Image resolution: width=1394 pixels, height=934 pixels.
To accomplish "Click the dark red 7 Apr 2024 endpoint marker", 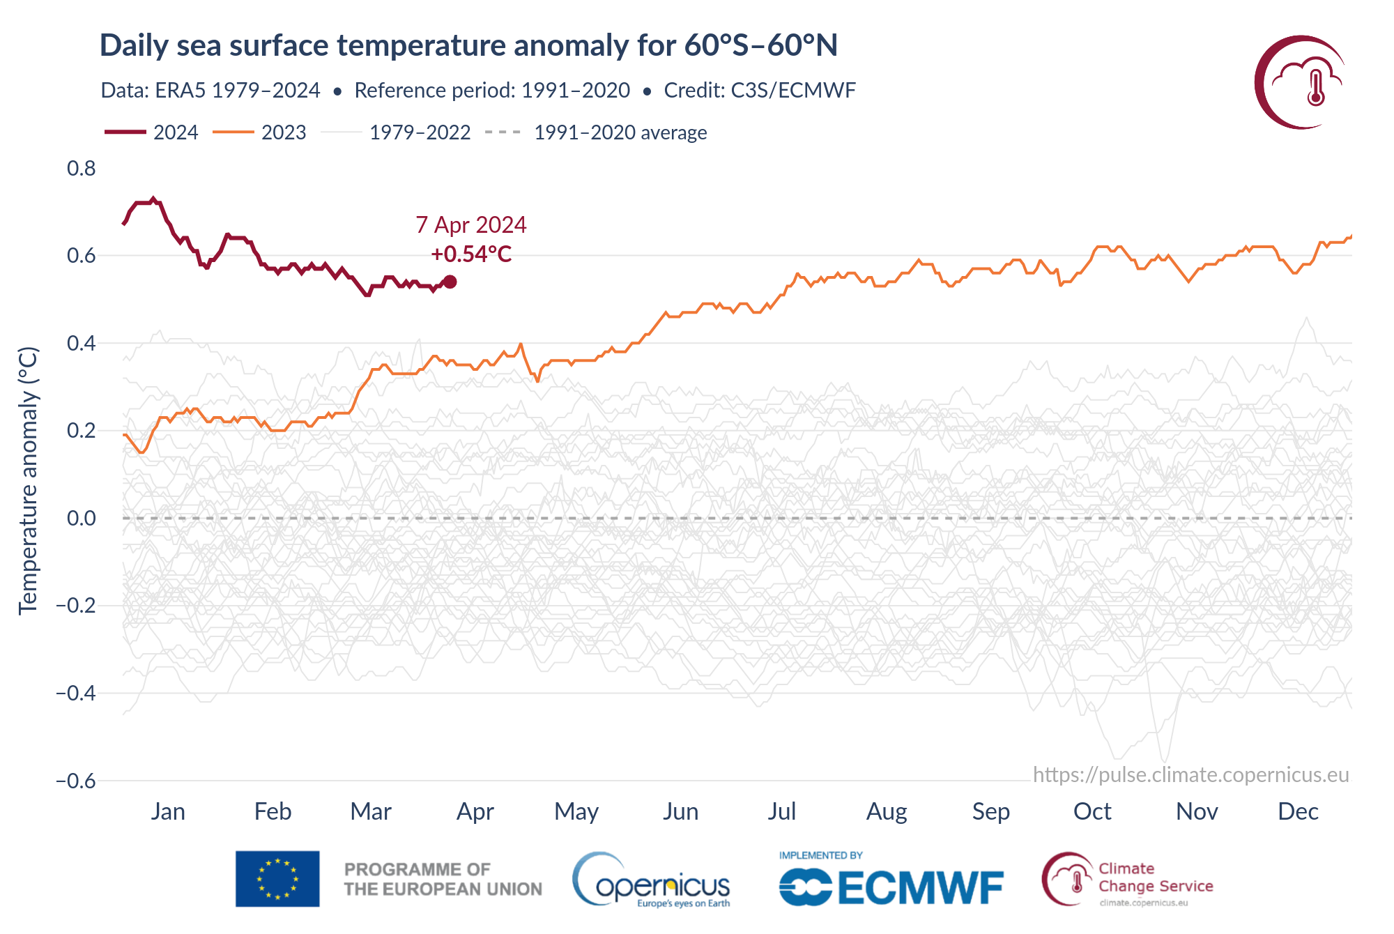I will [450, 282].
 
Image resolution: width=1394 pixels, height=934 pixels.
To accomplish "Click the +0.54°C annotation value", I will [471, 254].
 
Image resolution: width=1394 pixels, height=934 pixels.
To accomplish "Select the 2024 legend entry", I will [152, 132].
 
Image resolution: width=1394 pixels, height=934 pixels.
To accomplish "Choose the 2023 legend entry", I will [260, 132].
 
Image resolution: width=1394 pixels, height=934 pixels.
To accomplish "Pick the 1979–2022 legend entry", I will [396, 132].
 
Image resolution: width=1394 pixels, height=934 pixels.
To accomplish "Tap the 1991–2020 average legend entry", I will [597, 132].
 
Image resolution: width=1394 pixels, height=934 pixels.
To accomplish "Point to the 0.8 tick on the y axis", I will [82, 168].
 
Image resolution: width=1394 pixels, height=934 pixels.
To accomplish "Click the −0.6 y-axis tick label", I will [76, 781].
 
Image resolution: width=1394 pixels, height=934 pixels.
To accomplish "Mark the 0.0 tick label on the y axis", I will [82, 518].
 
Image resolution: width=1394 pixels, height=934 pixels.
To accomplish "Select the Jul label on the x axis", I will [781, 811].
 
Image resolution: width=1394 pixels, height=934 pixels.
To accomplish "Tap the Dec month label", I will [1298, 811].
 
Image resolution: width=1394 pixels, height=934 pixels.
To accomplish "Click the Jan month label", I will [168, 811].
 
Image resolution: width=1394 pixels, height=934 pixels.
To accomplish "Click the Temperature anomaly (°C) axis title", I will [28, 481].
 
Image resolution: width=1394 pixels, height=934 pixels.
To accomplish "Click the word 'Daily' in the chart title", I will [133, 45].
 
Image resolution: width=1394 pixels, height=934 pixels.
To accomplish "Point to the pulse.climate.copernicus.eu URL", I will [1190, 775].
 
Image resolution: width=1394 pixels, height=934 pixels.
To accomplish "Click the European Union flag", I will [277, 878].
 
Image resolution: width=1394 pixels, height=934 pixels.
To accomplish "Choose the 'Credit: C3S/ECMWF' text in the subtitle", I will [760, 91].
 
